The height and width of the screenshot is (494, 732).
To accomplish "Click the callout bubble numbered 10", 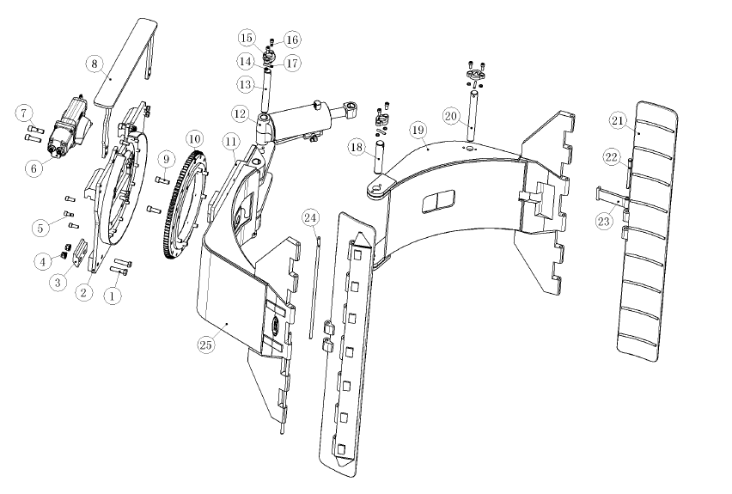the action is coord(195,138).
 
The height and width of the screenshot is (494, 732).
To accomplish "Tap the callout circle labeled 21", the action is coord(617,121).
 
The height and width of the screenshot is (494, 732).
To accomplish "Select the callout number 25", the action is coord(205,345).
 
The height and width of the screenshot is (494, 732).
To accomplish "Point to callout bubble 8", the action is coord(95,63).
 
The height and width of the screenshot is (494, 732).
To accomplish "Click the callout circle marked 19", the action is coord(418,130).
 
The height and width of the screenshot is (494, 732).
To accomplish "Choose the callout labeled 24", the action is coord(310,217).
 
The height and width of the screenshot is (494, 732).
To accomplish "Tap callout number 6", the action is coord(34,168).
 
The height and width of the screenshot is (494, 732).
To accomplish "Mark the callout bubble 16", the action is coord(292,40).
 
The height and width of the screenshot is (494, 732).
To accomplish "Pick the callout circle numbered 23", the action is coord(604,221).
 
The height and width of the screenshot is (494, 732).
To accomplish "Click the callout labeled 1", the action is coord(112,295).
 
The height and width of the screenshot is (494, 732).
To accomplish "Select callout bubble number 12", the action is coord(240,113).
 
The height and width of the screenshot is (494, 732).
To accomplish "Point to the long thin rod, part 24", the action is coord(314,288).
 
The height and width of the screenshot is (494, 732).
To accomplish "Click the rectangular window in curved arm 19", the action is coord(438,201).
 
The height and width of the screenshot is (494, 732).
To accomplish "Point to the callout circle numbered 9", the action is coord(166,159).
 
